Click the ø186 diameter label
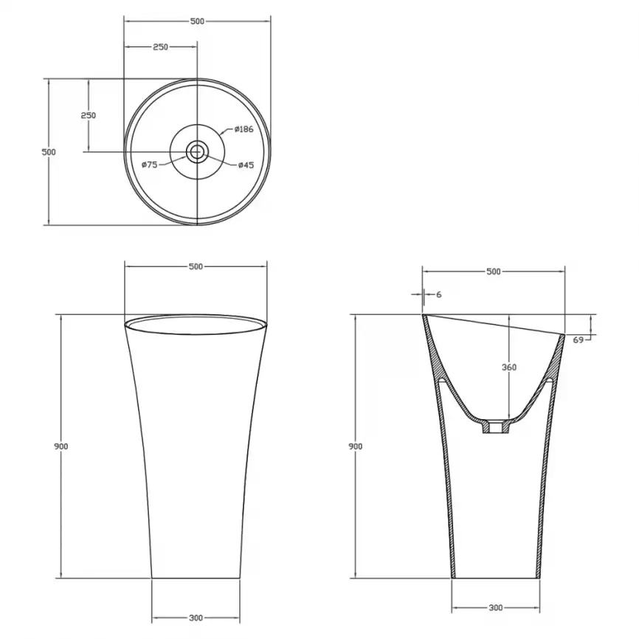click(x=244, y=129)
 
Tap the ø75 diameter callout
click(x=150, y=165)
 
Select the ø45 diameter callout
click(x=246, y=165)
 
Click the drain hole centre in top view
click(x=197, y=152)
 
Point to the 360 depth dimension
click(x=509, y=367)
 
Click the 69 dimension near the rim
click(x=578, y=339)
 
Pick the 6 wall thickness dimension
click(x=439, y=294)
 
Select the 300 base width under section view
click(x=496, y=607)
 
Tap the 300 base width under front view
click(x=196, y=618)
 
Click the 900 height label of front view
click(x=61, y=446)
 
